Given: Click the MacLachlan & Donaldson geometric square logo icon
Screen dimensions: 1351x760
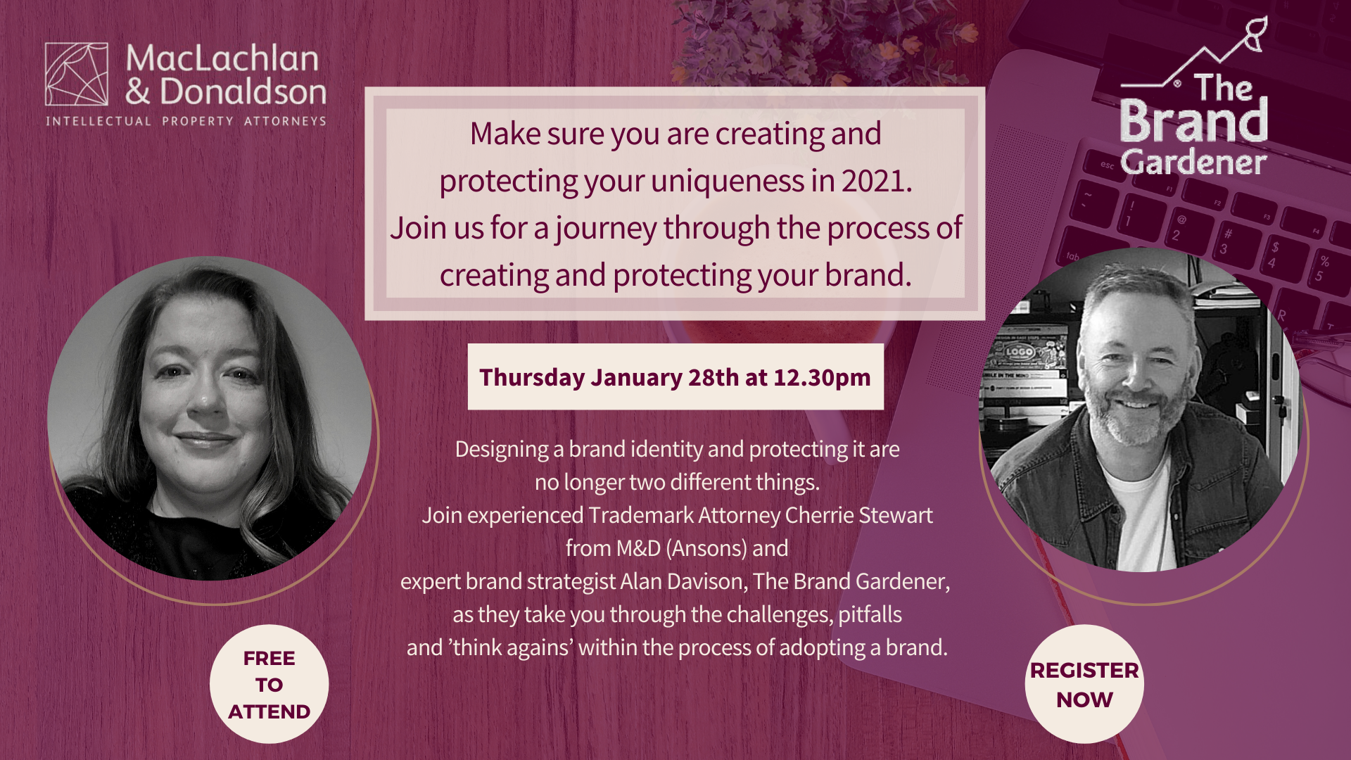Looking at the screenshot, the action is tap(77, 74).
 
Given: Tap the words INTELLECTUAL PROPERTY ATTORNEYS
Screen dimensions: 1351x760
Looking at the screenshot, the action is tap(186, 121).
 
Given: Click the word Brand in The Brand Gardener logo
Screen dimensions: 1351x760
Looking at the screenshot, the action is tap(1193, 121).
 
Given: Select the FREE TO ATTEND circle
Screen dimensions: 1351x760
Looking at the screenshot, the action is tap(269, 684).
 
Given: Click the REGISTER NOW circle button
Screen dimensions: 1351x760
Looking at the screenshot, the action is tap(1084, 684).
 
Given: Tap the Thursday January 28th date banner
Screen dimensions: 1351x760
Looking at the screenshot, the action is tap(675, 376).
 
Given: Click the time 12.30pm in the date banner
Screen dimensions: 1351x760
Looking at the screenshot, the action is tap(822, 378).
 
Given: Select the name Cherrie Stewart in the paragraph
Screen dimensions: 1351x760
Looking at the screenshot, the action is tap(858, 515).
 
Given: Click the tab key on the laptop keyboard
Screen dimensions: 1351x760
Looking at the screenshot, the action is tap(1072, 256).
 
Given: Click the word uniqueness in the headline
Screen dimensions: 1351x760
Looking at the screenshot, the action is tap(728, 182).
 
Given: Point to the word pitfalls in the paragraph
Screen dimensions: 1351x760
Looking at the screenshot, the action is tap(870, 615).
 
